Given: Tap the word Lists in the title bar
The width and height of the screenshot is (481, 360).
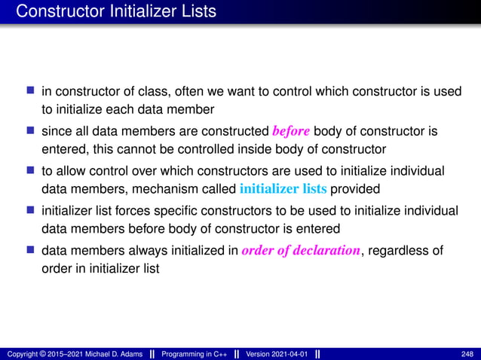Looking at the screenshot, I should (195, 11).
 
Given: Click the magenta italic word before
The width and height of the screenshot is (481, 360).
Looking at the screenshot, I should (290, 131).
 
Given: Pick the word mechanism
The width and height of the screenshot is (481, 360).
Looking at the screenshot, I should (156, 187).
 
